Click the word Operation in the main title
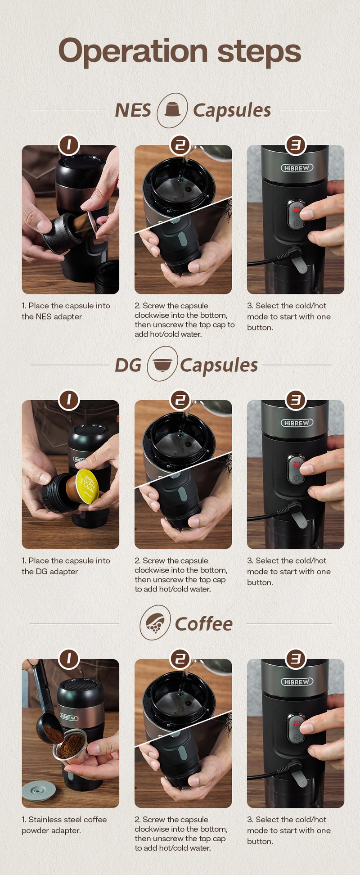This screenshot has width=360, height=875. pos(133,52)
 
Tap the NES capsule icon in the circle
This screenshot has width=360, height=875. pos(172,110)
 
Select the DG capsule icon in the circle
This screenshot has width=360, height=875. pos(162,364)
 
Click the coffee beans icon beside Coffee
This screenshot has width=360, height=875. pos(155,623)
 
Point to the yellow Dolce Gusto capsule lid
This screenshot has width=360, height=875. pos(87,487)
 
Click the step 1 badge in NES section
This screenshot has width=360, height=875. pos(69,145)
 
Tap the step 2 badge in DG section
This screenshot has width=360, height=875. pos(180,400)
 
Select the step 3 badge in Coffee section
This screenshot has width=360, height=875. pos(296,659)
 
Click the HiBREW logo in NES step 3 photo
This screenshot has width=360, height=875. pos(297,168)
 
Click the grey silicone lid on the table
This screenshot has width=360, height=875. pos(39,791)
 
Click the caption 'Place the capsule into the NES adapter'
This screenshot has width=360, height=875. pos(66,311)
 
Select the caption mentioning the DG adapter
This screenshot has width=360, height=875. pos(66,566)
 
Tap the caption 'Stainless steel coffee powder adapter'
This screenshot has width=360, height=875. pos(64,825)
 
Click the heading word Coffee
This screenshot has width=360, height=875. pos(203,624)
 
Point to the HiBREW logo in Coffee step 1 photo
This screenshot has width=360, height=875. pos(68,717)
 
